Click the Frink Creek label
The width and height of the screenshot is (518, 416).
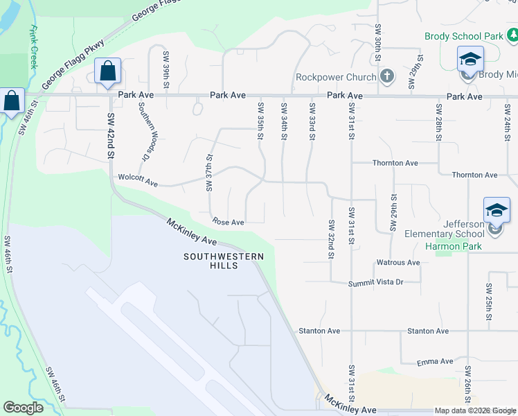coord(33,47)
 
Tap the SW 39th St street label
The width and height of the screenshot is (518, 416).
coord(166,69)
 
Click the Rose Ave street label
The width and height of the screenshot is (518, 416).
coord(229,223)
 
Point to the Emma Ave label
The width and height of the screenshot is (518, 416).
coord(435,361)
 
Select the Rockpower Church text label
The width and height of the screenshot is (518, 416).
coord(336,77)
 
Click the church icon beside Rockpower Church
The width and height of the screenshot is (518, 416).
coord(387,76)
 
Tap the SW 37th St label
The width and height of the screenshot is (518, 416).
coord(209,173)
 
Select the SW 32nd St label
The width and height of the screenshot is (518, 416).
coord(332,240)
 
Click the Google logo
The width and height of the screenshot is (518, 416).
coord(24,408)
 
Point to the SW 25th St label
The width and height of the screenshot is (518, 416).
coord(489,302)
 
